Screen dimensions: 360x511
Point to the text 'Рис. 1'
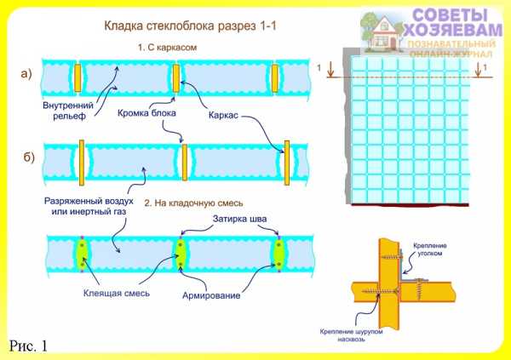click(x=30, y=345)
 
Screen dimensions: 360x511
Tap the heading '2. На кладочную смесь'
click(x=194, y=204)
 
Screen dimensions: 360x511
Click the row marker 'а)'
click(x=26, y=74)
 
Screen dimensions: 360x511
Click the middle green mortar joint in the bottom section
click(x=180, y=253)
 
